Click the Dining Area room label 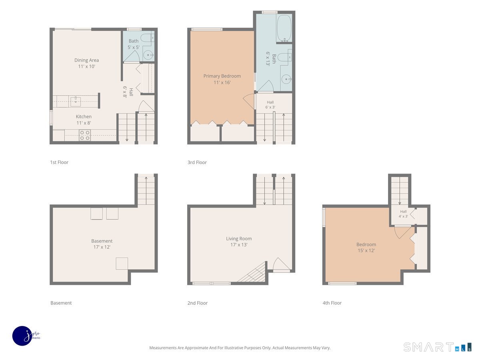[x=86, y=63]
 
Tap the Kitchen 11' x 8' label [x=84, y=120]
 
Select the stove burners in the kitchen [x=85, y=135]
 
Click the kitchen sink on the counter [x=76, y=102]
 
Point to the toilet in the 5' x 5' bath [x=146, y=38]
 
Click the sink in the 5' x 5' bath [x=149, y=55]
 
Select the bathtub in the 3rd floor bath [x=284, y=28]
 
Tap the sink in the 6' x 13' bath [x=286, y=79]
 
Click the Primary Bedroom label [x=222, y=79]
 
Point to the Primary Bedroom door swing [x=249, y=101]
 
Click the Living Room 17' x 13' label [x=239, y=242]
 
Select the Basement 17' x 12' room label [x=102, y=244]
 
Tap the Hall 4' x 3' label [x=403, y=214]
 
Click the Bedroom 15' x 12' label [x=366, y=248]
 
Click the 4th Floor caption [x=332, y=303]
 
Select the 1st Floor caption [x=59, y=162]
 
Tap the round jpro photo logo [x=23, y=336]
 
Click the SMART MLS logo [x=437, y=347]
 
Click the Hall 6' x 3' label [x=270, y=105]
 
